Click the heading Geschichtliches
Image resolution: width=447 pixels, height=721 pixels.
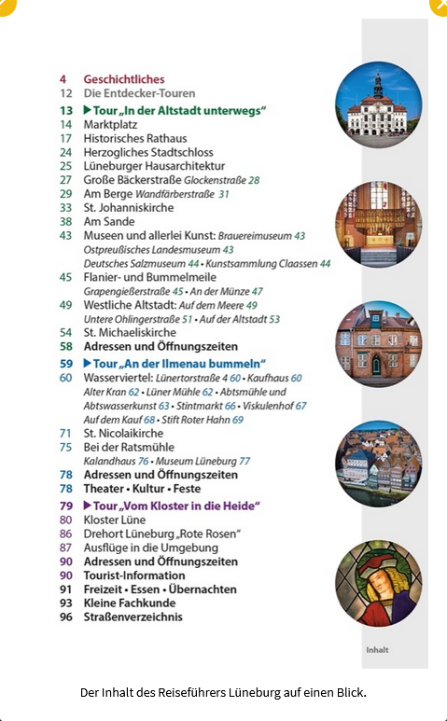pyautogui.click(x=123, y=80)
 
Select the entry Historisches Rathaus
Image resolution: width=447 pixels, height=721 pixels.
pyautogui.click(x=134, y=138)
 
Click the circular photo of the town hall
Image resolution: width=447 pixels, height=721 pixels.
pyautogui.click(x=378, y=105)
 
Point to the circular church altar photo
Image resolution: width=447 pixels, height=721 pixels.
pyautogui.click(x=378, y=225)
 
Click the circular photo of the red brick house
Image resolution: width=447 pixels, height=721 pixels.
pyautogui.click(x=378, y=345)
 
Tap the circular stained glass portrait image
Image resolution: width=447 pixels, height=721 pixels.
pyautogui.click(x=378, y=583)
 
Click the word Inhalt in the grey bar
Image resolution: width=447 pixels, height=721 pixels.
pyautogui.click(x=377, y=650)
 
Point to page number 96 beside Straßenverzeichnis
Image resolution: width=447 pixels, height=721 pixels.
pyautogui.click(x=65, y=617)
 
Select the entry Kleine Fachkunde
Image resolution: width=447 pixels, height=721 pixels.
pyautogui.click(x=130, y=603)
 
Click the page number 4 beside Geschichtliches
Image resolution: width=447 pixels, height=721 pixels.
pyautogui.click(x=63, y=80)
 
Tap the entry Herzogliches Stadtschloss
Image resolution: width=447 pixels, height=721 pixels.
pyautogui.click(x=148, y=152)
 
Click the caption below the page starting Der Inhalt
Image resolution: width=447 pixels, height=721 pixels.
pyautogui.click(x=223, y=692)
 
